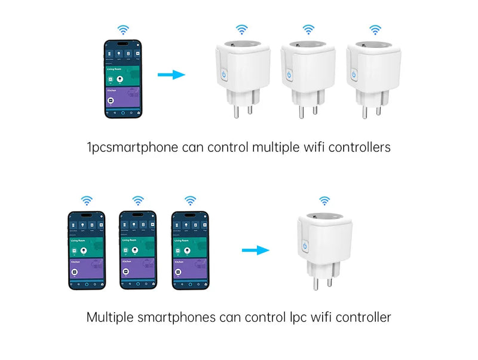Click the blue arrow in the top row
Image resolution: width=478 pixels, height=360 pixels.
[x=171, y=75]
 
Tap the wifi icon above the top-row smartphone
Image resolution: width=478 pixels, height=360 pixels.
[x=123, y=29]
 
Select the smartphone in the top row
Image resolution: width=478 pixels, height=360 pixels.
[x=123, y=78]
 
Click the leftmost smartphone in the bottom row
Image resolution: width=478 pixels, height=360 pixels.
[x=86, y=249]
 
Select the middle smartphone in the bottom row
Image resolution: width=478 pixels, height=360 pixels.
[x=137, y=249]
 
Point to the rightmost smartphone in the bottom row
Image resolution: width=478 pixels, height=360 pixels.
[x=189, y=249]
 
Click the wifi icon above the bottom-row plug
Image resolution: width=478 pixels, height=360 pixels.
[x=324, y=200]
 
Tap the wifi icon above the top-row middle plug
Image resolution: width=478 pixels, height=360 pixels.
[x=308, y=29]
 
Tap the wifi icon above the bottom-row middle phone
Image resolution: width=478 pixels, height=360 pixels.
[x=138, y=200]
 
